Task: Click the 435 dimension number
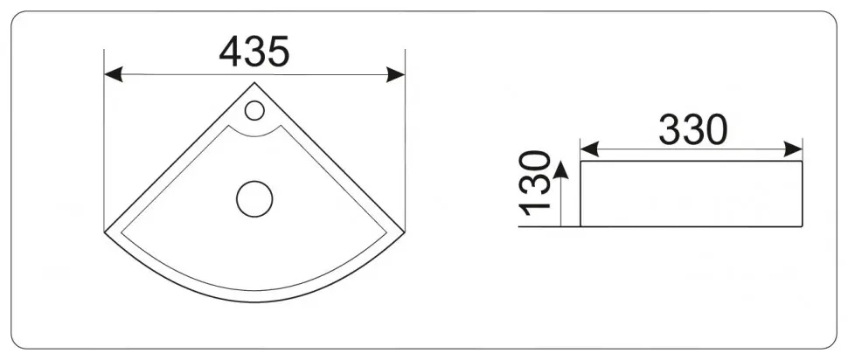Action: coord(254,52)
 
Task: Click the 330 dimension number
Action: coord(693,130)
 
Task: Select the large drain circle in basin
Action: coord(254,199)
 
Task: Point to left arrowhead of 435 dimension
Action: coord(114,74)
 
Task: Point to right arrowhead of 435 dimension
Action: coord(396,74)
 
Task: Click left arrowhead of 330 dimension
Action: coord(589,149)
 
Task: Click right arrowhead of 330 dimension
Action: coord(793,149)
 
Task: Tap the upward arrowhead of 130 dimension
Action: coord(561,170)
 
